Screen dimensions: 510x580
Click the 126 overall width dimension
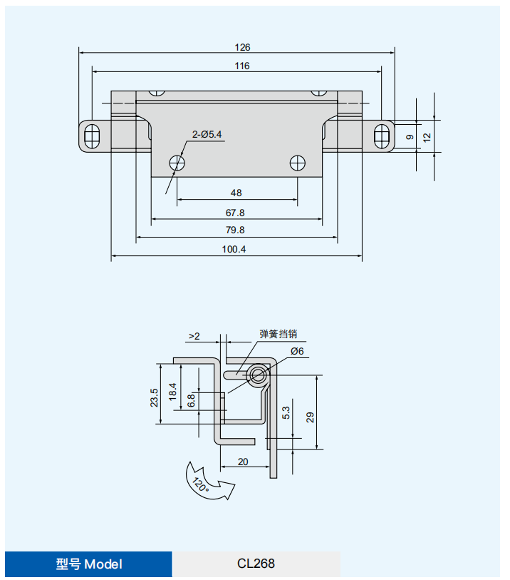pos(242,47)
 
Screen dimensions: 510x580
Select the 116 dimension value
pos(242,66)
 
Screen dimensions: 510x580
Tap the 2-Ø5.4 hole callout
pos(207,134)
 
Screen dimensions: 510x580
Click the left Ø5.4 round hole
pos(177,163)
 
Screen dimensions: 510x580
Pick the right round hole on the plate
pos(297,163)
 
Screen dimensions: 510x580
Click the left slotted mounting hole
pos(92,136)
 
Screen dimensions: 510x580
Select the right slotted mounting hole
pos(382,136)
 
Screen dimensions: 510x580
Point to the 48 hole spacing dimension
pos(236,193)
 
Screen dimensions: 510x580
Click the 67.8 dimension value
pos(235,213)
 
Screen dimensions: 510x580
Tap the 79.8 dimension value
pos(235,230)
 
